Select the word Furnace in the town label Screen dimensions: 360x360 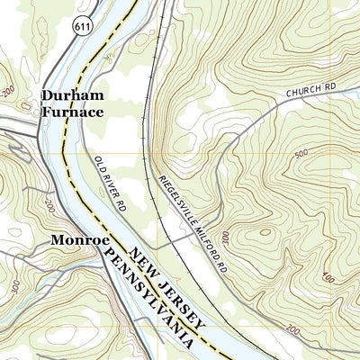point(72,112)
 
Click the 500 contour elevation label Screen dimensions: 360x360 point(300,154)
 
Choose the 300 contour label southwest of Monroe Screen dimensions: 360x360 point(15,285)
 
